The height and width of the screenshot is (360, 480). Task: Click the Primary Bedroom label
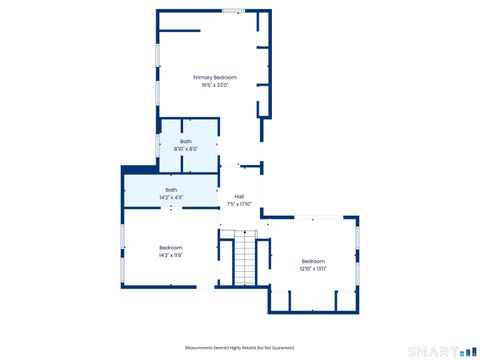pyautogui.click(x=215, y=77)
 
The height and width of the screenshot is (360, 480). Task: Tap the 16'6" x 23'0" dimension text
pyautogui.click(x=215, y=85)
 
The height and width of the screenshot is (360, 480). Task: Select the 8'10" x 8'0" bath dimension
pyautogui.click(x=186, y=149)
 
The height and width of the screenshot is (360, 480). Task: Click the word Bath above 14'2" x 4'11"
pyautogui.click(x=171, y=190)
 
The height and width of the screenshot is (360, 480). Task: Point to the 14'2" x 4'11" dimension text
pyautogui.click(x=171, y=198)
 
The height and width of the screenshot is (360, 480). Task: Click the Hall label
pyautogui.click(x=239, y=196)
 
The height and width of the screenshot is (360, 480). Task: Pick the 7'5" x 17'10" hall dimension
pyautogui.click(x=239, y=204)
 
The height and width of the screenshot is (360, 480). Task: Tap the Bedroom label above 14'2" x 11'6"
pyautogui.click(x=171, y=247)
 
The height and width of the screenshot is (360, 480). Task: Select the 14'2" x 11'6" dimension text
pyautogui.click(x=171, y=255)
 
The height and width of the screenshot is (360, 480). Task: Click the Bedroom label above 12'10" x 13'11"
pyautogui.click(x=313, y=261)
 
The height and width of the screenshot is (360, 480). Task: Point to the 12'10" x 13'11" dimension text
pyautogui.click(x=313, y=269)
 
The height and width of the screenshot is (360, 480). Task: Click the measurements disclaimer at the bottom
pyautogui.click(x=240, y=347)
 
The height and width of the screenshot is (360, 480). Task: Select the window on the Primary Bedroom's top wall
pyautogui.click(x=233, y=11)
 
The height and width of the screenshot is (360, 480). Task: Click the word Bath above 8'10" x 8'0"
pyautogui.click(x=186, y=141)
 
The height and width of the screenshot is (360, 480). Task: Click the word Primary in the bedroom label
pyautogui.click(x=203, y=77)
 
